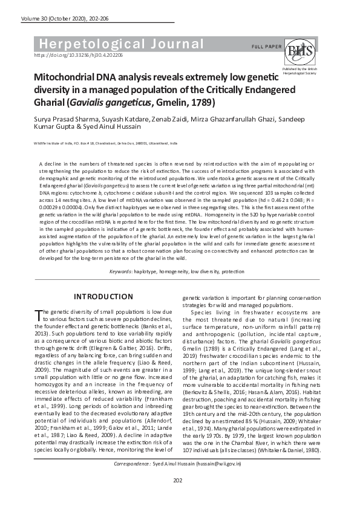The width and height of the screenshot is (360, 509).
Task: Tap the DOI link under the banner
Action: click(79, 55)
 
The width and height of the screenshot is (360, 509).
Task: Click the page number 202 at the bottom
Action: click(178, 497)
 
